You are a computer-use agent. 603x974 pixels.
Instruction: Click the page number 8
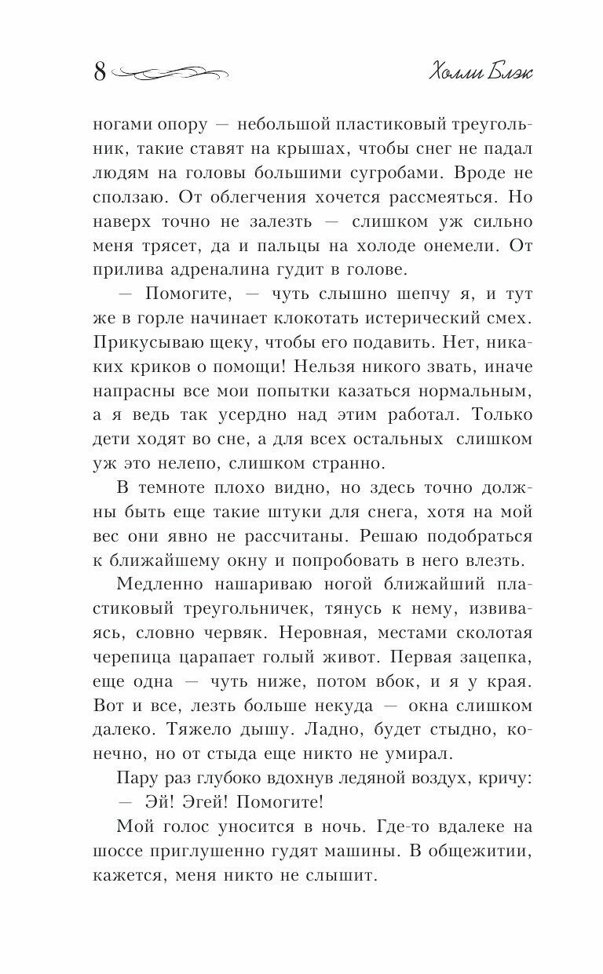(100, 72)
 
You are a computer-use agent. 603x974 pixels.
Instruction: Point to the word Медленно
(163, 585)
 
